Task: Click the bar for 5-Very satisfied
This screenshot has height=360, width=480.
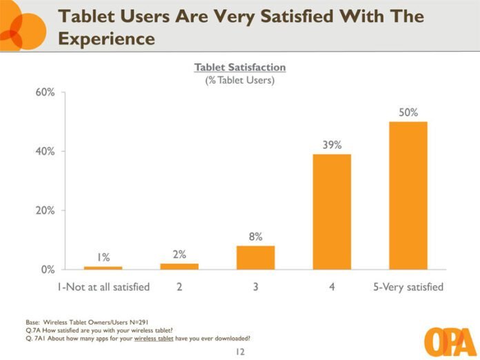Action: click(408, 195)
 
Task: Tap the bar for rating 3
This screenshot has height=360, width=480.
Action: click(255, 257)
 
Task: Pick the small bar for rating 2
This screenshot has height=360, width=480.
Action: click(179, 266)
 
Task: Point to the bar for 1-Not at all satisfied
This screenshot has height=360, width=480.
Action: click(103, 268)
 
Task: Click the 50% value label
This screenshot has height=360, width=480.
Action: click(408, 112)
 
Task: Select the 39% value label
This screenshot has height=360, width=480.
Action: click(332, 145)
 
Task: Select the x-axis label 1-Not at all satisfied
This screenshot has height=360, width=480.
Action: click(103, 286)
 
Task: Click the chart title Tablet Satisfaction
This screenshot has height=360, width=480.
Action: click(240, 68)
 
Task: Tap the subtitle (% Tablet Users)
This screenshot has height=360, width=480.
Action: click(240, 81)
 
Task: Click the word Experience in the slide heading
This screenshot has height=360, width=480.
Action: click(106, 39)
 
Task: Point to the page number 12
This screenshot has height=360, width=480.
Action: click(239, 352)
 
